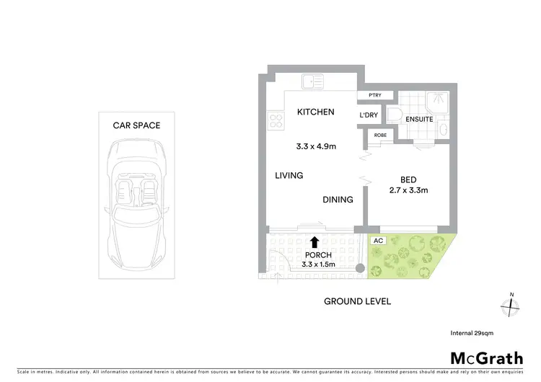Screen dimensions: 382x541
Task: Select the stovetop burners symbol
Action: [x=275, y=119]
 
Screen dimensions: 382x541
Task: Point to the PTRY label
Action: [x=374, y=95]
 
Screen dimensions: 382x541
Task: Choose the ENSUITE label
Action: [x=418, y=120]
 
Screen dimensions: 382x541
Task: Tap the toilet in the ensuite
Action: [x=395, y=115]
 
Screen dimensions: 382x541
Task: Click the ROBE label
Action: [x=379, y=135]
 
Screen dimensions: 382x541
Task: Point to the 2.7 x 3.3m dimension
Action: [x=409, y=191]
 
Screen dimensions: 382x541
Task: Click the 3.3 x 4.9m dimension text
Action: [x=317, y=146]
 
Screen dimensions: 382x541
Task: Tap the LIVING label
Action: [x=288, y=175]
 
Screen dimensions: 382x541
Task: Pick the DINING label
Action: [x=338, y=200]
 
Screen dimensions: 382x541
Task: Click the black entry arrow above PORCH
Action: [x=315, y=243]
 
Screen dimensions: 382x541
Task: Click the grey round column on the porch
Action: [x=359, y=267]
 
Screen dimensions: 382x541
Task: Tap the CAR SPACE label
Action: [x=137, y=125]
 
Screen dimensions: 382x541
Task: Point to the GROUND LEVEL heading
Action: [x=356, y=301]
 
